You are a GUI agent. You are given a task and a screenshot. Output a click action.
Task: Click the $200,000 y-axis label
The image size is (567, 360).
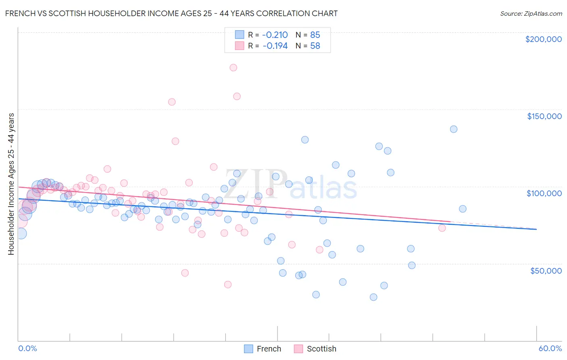pos(543,39)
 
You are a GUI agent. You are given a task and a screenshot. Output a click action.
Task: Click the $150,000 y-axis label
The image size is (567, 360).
pos(544,116)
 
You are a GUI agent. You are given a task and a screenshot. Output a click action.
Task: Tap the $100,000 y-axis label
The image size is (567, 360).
pos(544,193)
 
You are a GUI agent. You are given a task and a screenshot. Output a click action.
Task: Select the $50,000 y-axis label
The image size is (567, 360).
pos(546,271)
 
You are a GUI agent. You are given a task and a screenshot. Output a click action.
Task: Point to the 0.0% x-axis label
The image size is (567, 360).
pos(27,348)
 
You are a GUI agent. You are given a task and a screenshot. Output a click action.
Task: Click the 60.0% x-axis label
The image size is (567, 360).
pos(550,348)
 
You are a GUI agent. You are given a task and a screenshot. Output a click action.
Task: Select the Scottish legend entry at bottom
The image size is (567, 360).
pos(315,349)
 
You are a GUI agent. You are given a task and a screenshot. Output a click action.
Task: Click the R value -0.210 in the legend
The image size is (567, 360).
pos(275,35)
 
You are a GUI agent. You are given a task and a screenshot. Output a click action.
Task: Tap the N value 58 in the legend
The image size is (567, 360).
pos(315,46)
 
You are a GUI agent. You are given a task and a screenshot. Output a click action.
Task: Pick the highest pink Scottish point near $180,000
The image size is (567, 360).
pos(233,68)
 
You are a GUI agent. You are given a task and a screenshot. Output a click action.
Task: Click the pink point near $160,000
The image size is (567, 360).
pos(237,96)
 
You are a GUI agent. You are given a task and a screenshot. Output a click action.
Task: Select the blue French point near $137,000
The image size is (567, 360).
pos(454,129)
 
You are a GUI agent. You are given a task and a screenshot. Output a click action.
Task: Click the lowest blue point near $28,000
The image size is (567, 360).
pos(373,297)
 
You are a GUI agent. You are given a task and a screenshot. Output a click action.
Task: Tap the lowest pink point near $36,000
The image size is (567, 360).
pos(228,285)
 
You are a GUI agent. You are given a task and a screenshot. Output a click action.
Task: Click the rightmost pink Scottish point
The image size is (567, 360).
pos(442,228)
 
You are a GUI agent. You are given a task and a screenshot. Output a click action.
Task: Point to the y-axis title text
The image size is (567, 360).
pos(11,184)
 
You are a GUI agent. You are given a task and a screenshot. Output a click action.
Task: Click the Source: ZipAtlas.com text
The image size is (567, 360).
pos(531,13)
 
